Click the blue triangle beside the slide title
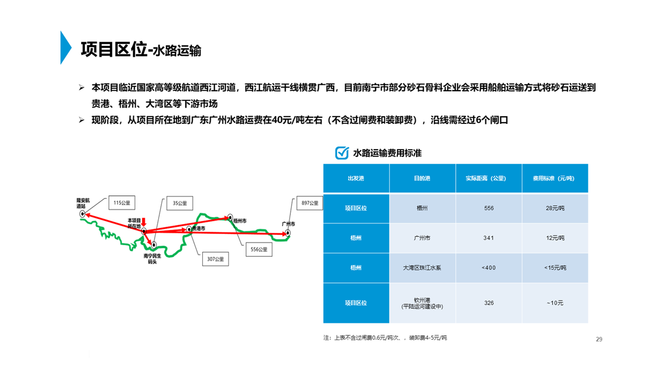(66, 47)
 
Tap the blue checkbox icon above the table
(342, 153)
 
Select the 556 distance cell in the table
(489, 208)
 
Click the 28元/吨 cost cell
(555, 208)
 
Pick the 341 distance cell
(489, 238)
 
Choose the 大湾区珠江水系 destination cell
(422, 268)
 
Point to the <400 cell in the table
(489, 268)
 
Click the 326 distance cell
(489, 303)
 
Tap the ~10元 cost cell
(555, 303)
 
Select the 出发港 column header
(356, 178)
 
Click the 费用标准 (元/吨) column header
(555, 178)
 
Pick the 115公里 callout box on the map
(122, 203)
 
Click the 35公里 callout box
(180, 203)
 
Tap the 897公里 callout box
(310, 203)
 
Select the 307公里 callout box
(215, 259)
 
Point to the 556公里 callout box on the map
(259, 249)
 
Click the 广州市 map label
(288, 224)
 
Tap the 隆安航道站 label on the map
(83, 203)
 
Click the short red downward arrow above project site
(144, 222)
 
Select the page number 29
(599, 339)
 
